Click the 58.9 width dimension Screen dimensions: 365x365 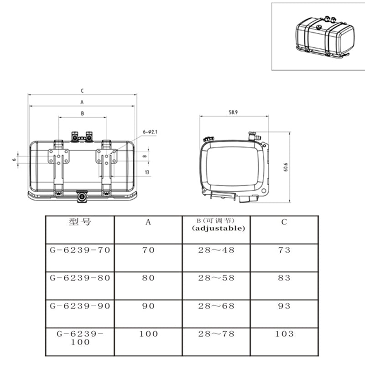click(x=233, y=112)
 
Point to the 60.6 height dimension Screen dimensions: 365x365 click(x=286, y=167)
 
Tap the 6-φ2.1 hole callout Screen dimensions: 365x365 click(x=150, y=132)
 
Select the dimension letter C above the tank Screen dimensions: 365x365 click(x=82, y=91)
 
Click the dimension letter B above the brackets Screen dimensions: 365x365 click(x=83, y=113)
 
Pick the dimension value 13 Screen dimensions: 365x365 click(x=147, y=172)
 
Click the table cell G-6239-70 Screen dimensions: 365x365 click(x=80, y=250)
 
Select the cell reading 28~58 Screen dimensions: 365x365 click(x=216, y=278)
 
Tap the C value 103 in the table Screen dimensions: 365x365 click(x=284, y=334)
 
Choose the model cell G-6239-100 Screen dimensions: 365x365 click(x=80, y=338)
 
